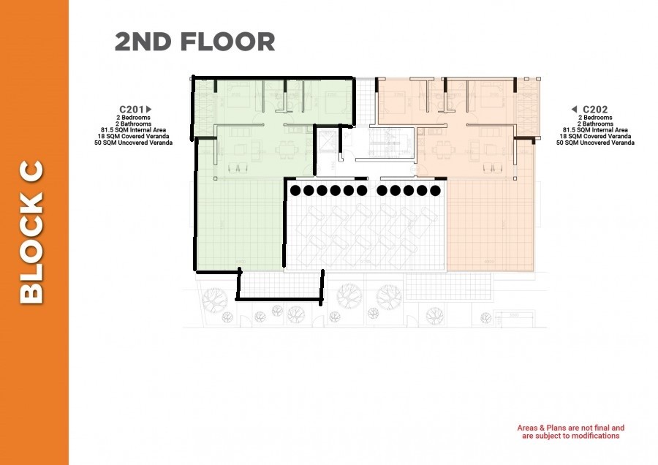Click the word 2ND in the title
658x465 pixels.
coord(142,42)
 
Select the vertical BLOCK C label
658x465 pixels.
coord(32,232)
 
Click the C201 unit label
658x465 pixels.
coord(132,110)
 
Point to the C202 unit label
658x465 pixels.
coord(595,110)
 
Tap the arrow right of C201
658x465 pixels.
coord(149,110)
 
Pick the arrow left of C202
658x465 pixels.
coord(575,110)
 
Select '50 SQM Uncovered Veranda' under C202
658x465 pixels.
coord(595,143)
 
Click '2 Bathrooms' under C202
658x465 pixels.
coord(595,124)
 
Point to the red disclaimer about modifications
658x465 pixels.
coord(570,431)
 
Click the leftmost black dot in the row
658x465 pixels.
coord(295,191)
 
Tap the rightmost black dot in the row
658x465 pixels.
coord(434,191)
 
